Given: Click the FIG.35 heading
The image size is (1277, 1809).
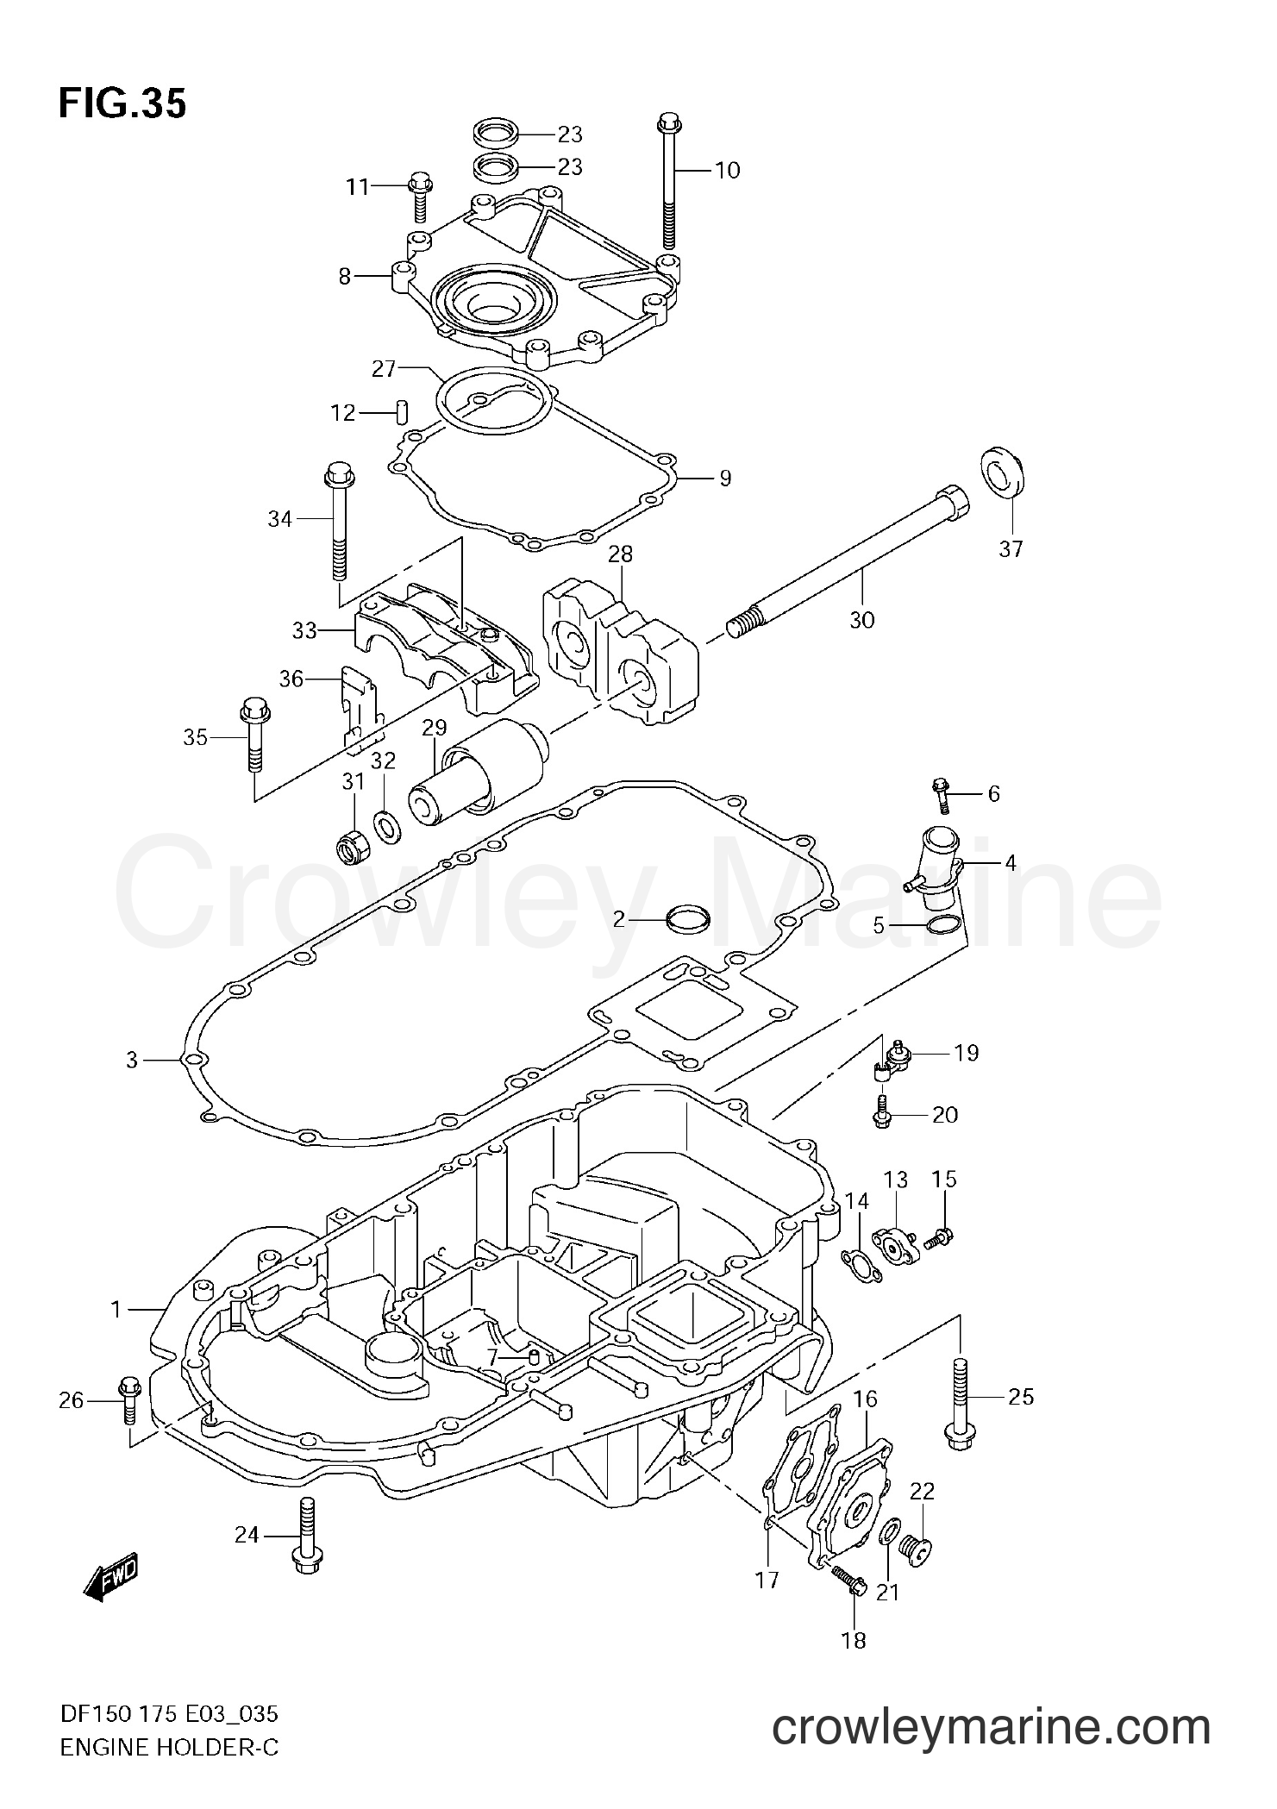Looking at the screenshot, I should [122, 104].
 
